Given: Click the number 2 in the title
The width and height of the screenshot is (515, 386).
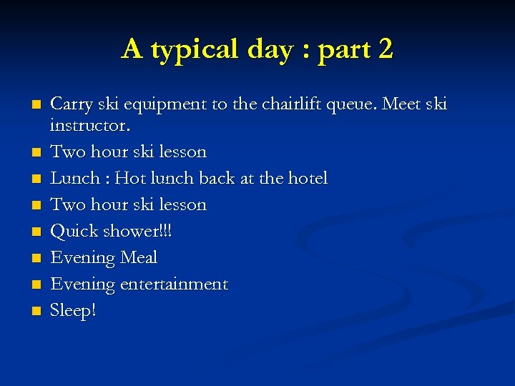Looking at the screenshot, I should click(384, 49).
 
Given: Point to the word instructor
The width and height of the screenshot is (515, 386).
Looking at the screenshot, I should click(90, 126).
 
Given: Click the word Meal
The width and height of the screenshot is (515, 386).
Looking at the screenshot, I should click(139, 257).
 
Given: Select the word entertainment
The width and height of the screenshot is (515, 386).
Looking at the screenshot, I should click(174, 284).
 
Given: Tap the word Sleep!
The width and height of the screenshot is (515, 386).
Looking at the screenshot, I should click(73, 311).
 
